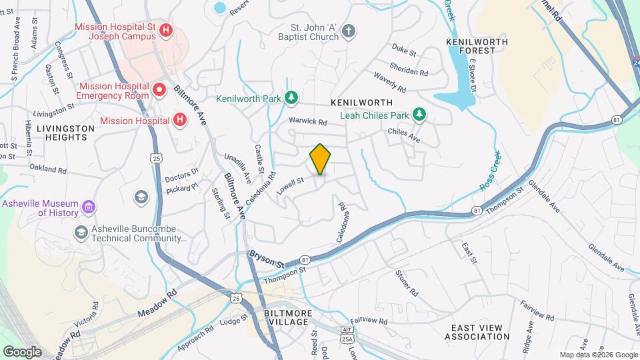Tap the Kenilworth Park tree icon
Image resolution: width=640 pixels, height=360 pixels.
point(291,99)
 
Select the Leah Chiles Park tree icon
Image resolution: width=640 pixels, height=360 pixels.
point(419,115)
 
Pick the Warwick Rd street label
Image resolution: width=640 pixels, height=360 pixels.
point(307,122)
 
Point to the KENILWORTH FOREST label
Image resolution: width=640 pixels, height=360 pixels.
point(477,47)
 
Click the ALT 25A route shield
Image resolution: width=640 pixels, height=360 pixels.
point(346,335)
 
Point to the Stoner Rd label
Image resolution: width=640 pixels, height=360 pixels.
point(406,283)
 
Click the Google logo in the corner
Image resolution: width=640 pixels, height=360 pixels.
point(22,351)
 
